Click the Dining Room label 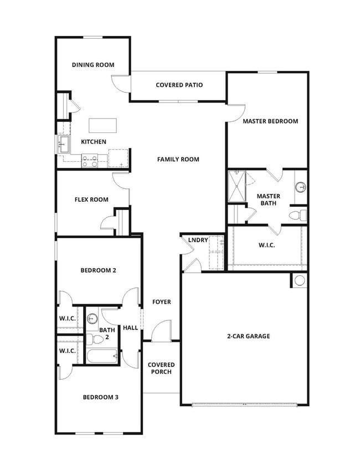pos(93,65)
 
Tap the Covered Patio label pos(179,85)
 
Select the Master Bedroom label pos(270,121)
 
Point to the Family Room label pos(178,160)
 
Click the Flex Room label pos(91,199)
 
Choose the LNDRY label pos(198,240)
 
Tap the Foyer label pos(162,302)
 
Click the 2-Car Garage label pos(248,336)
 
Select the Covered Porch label pos(161,368)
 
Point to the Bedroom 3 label pos(100,397)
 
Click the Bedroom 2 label pos(98,270)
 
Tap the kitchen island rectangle pos(103,125)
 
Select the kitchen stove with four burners pos(90,161)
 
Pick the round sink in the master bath pos(300,187)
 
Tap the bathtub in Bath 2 pos(102,355)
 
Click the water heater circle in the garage pos(300,280)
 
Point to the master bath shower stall pos(236,187)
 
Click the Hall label pos(130,328)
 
